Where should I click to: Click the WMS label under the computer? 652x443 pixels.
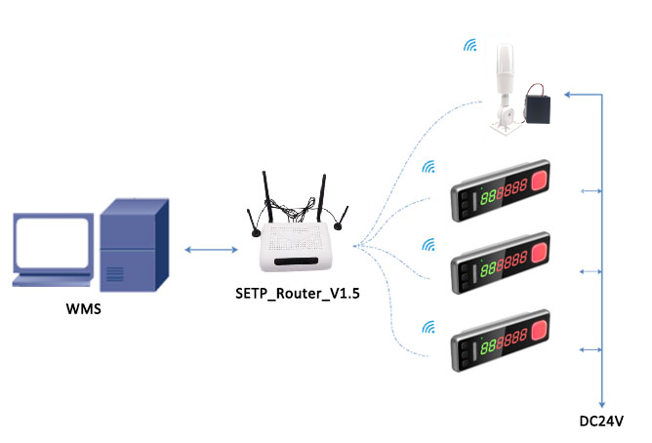pos(83,310)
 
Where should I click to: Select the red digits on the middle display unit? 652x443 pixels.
pos(513,265)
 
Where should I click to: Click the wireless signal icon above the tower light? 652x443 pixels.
pos(471,45)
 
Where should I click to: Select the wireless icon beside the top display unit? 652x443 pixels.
pos(428,167)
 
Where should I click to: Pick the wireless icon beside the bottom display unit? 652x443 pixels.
pos(428,324)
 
